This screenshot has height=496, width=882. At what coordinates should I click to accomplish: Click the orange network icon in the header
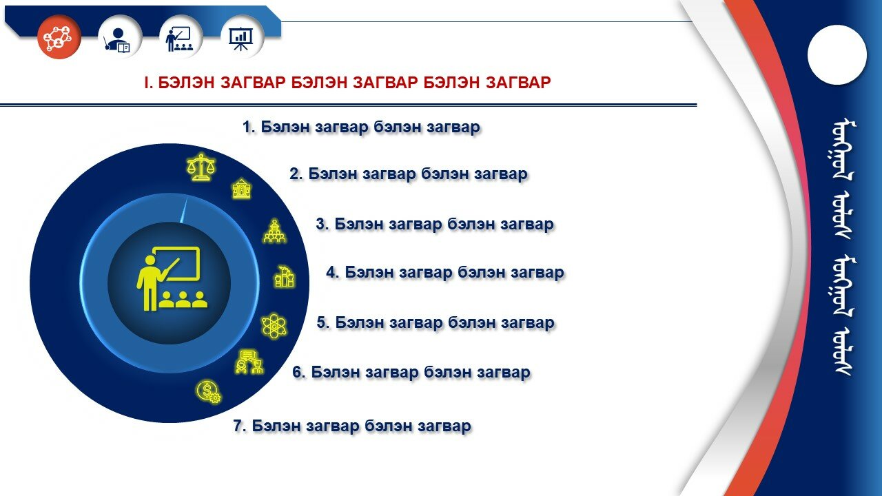click(59, 37)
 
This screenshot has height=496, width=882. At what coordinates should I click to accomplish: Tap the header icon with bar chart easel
click(241, 39)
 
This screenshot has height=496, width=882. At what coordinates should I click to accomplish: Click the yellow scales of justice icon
click(201, 167)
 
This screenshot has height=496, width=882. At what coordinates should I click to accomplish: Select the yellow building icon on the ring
click(241, 189)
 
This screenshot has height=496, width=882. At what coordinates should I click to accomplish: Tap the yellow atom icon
click(274, 326)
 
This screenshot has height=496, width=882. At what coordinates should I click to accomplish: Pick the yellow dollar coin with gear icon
click(209, 392)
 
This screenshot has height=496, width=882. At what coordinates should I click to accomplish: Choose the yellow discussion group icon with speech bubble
click(249, 362)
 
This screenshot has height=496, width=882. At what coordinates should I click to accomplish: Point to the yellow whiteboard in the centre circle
click(177, 263)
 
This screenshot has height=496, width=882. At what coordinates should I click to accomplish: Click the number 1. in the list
click(249, 127)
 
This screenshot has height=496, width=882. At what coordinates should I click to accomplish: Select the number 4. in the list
click(333, 272)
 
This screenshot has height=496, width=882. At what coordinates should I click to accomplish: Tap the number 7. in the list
click(240, 426)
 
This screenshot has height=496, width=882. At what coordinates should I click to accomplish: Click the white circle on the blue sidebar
click(837, 54)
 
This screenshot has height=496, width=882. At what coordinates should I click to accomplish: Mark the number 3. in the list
click(322, 224)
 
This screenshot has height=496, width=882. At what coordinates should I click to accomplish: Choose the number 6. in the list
click(299, 372)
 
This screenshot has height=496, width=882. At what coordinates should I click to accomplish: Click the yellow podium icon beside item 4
click(285, 277)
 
